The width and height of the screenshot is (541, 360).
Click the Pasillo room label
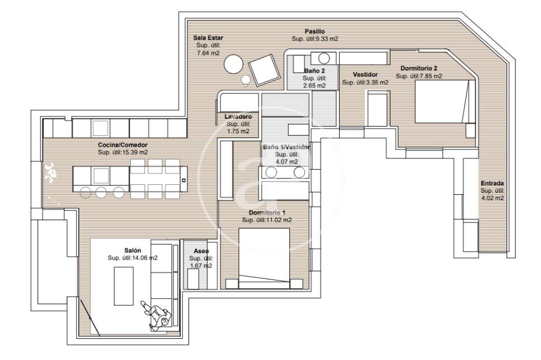pyautogui.click(x=314, y=31)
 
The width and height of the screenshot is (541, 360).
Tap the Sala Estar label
pyautogui.click(x=208, y=38)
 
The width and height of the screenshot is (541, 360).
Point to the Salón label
pyautogui.click(x=133, y=250)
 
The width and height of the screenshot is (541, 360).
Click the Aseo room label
pyautogui.click(x=201, y=251)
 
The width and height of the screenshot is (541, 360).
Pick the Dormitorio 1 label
pyautogui.click(x=267, y=213)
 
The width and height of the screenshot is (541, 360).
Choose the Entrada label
pyautogui.click(x=492, y=183)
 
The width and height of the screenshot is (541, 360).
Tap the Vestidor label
pyautogui.click(x=365, y=74)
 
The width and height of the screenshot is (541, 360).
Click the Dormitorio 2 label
pyautogui.click(x=419, y=68)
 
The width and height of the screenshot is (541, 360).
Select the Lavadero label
pyautogui.click(x=238, y=116)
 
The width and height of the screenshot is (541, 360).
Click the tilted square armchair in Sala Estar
pyautogui.click(x=264, y=70)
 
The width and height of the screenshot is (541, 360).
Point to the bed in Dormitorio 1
pyautogui.click(x=264, y=258)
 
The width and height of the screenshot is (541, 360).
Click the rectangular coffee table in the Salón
pyautogui.click(x=124, y=286)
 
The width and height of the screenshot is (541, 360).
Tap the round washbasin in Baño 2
pyautogui.click(x=324, y=58)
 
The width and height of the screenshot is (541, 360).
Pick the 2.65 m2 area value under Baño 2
pyautogui.click(x=314, y=86)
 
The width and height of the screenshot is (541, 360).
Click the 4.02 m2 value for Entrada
pyautogui.click(x=492, y=198)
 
